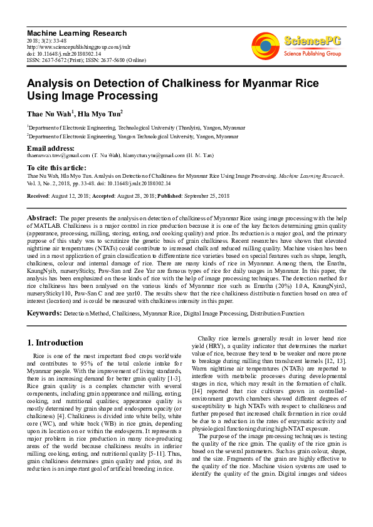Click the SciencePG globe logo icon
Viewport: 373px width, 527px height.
(x=266, y=46)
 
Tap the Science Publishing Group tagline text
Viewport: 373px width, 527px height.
(x=312, y=54)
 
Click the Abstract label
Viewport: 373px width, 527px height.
(x=42, y=217)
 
